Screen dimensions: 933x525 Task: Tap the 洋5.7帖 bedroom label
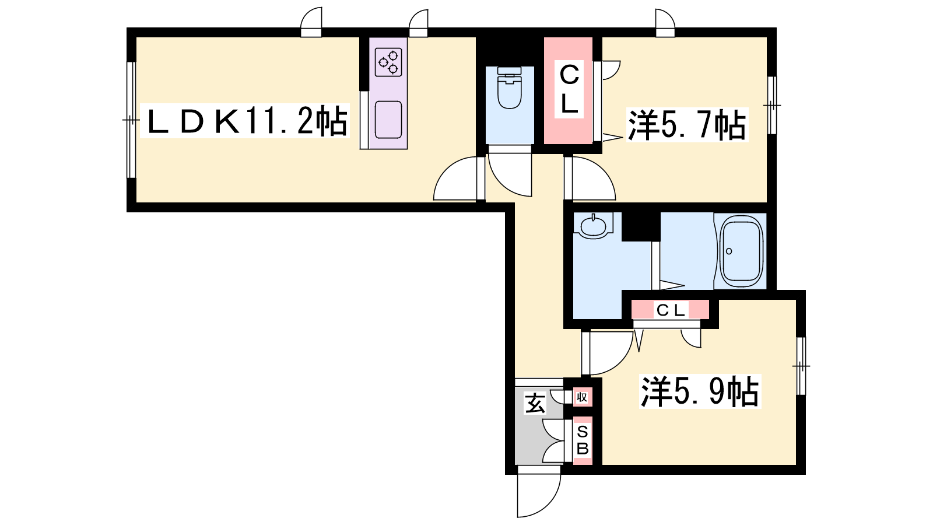click(688, 125)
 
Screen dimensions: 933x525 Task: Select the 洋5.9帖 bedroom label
click(700, 391)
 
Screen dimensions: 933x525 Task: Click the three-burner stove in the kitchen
click(388, 62)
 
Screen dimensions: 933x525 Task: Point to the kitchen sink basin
click(388, 120)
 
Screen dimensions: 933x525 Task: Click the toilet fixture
click(510, 87)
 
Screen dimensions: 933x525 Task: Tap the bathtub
click(742, 251)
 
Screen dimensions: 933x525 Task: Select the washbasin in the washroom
click(594, 226)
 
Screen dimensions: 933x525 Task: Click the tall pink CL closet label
click(569, 90)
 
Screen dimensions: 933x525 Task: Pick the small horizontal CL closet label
click(671, 310)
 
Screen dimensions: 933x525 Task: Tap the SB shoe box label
click(583, 440)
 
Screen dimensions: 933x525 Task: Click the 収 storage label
click(582, 397)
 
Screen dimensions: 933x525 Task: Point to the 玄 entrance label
click(535, 403)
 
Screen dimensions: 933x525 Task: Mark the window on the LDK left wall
click(131, 120)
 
